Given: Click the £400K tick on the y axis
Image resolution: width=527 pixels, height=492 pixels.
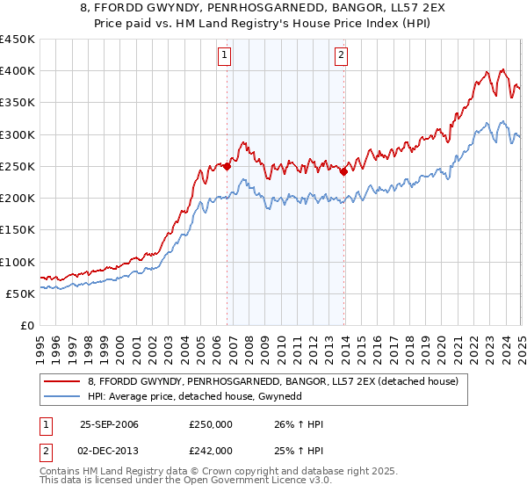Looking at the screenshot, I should [18, 71].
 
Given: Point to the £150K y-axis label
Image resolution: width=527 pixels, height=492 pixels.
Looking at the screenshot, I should [18, 230].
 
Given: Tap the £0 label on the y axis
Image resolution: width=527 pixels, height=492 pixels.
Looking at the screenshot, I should [26, 325].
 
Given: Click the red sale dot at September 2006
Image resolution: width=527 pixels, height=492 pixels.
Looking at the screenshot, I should [227, 166].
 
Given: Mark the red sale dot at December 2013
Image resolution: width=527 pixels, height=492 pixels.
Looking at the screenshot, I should [343, 171].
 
